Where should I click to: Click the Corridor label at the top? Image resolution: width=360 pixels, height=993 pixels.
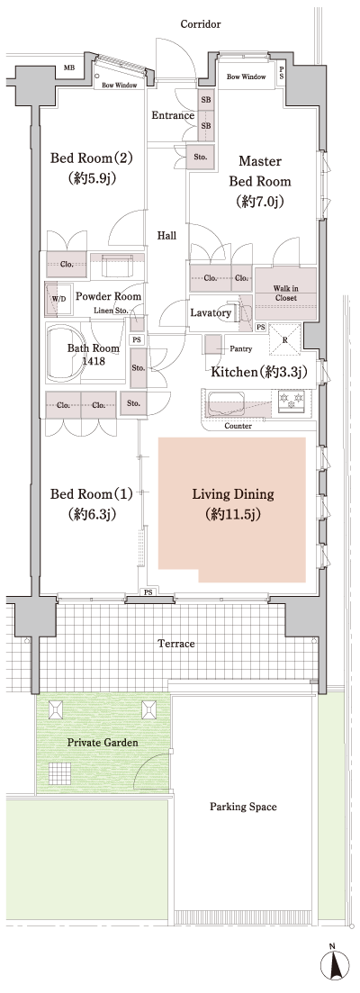pyautogui.click(x=200, y=24)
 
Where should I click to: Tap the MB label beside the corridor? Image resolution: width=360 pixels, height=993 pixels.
pyautogui.click(x=68, y=67)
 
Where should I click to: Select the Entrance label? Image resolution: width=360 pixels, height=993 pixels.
pyautogui.click(x=172, y=115)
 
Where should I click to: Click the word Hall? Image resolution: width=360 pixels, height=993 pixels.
pyautogui.click(x=166, y=235)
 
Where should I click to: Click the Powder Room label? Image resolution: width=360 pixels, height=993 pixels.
pyautogui.click(x=108, y=296)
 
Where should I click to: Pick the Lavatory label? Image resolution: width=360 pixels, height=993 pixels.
pyautogui.click(x=211, y=312)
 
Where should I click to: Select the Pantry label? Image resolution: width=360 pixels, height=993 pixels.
pyautogui.click(x=239, y=348)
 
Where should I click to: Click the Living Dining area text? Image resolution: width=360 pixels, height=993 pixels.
pyautogui.click(x=232, y=504)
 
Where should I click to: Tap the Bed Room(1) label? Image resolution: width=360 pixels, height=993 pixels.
pyautogui.click(x=91, y=504)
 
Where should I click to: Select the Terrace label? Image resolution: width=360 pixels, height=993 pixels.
pyautogui.click(x=176, y=644)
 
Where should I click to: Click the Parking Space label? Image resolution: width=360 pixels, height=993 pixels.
pyautogui.click(x=243, y=807)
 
